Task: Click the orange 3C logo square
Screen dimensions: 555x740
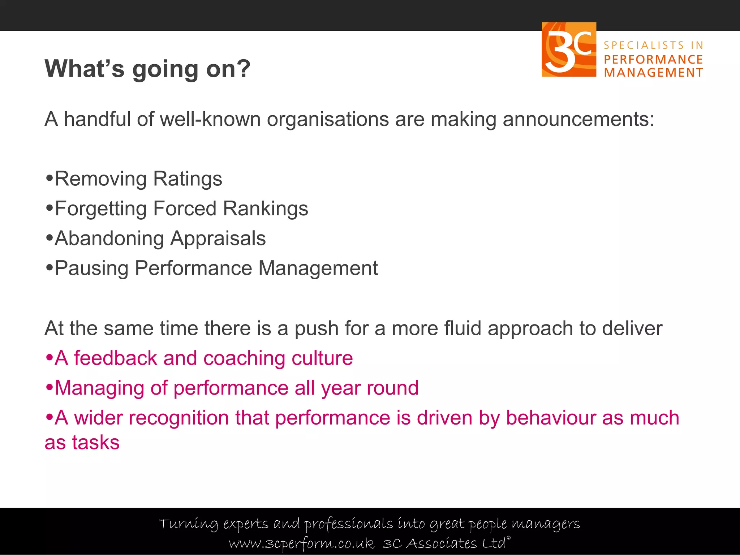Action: (x=569, y=50)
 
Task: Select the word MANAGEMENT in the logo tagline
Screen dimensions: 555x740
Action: (x=653, y=73)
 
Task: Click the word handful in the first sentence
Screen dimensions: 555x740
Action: (x=97, y=119)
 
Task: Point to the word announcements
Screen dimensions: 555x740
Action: (x=578, y=120)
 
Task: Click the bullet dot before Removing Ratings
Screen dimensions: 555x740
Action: (x=50, y=178)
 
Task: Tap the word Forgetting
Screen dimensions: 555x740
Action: (x=100, y=209)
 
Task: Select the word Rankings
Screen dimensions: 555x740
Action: (x=265, y=209)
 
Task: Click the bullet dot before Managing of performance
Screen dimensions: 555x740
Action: (x=50, y=387)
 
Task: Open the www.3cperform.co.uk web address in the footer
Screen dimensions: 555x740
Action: (x=301, y=543)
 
